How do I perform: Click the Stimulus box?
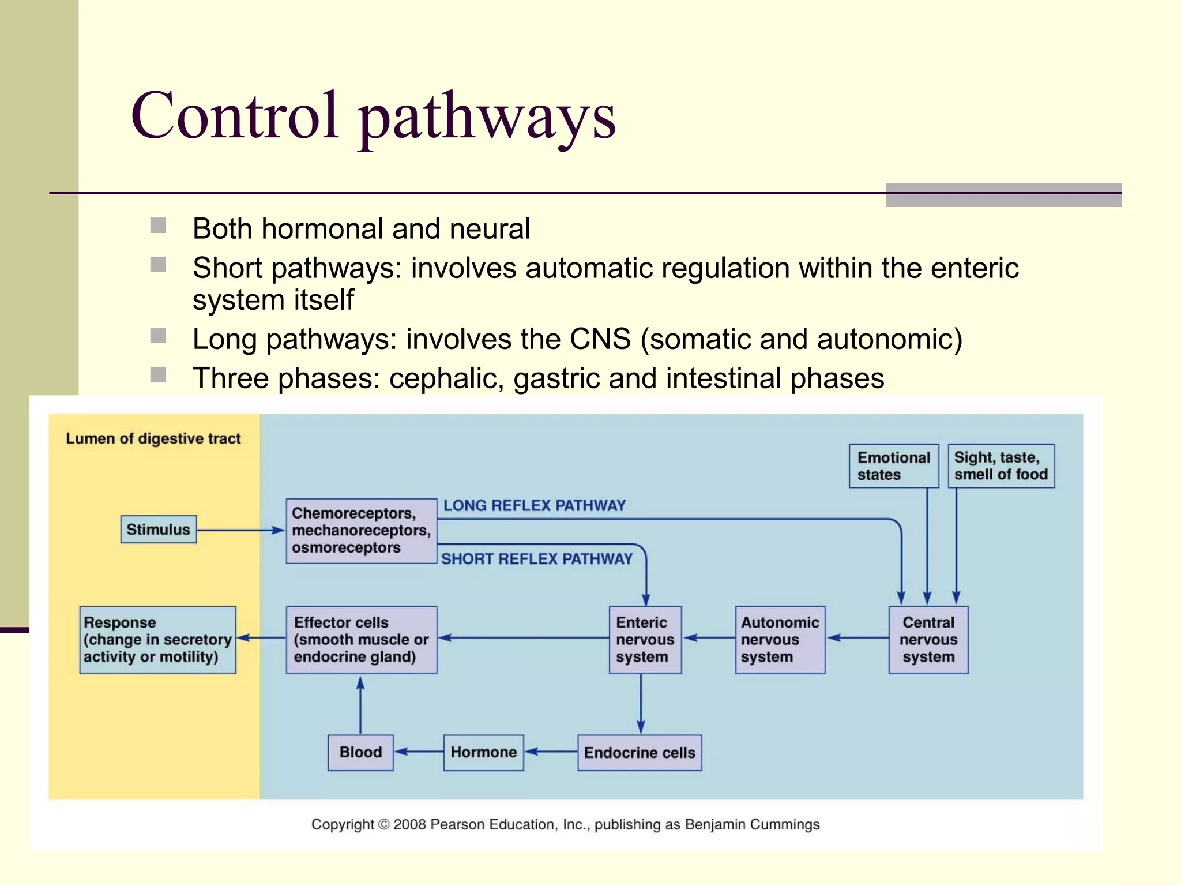(x=159, y=530)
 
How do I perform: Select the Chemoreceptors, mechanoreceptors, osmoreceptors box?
(x=361, y=531)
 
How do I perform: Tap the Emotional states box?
(x=894, y=466)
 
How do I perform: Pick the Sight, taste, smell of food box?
(x=1001, y=466)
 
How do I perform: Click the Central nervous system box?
(x=928, y=640)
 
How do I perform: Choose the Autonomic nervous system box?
(x=780, y=640)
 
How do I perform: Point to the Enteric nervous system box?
(x=645, y=640)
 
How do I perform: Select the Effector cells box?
(x=362, y=640)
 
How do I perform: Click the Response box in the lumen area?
(x=157, y=640)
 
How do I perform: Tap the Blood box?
(x=360, y=752)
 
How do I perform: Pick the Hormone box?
(x=483, y=752)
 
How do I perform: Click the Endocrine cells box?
(x=640, y=752)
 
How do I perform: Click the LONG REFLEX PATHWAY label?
(x=534, y=506)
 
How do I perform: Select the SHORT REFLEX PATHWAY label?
(x=536, y=559)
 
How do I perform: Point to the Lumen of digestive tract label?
(x=153, y=439)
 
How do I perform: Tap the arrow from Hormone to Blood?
(x=419, y=752)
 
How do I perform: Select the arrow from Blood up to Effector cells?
(x=360, y=705)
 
